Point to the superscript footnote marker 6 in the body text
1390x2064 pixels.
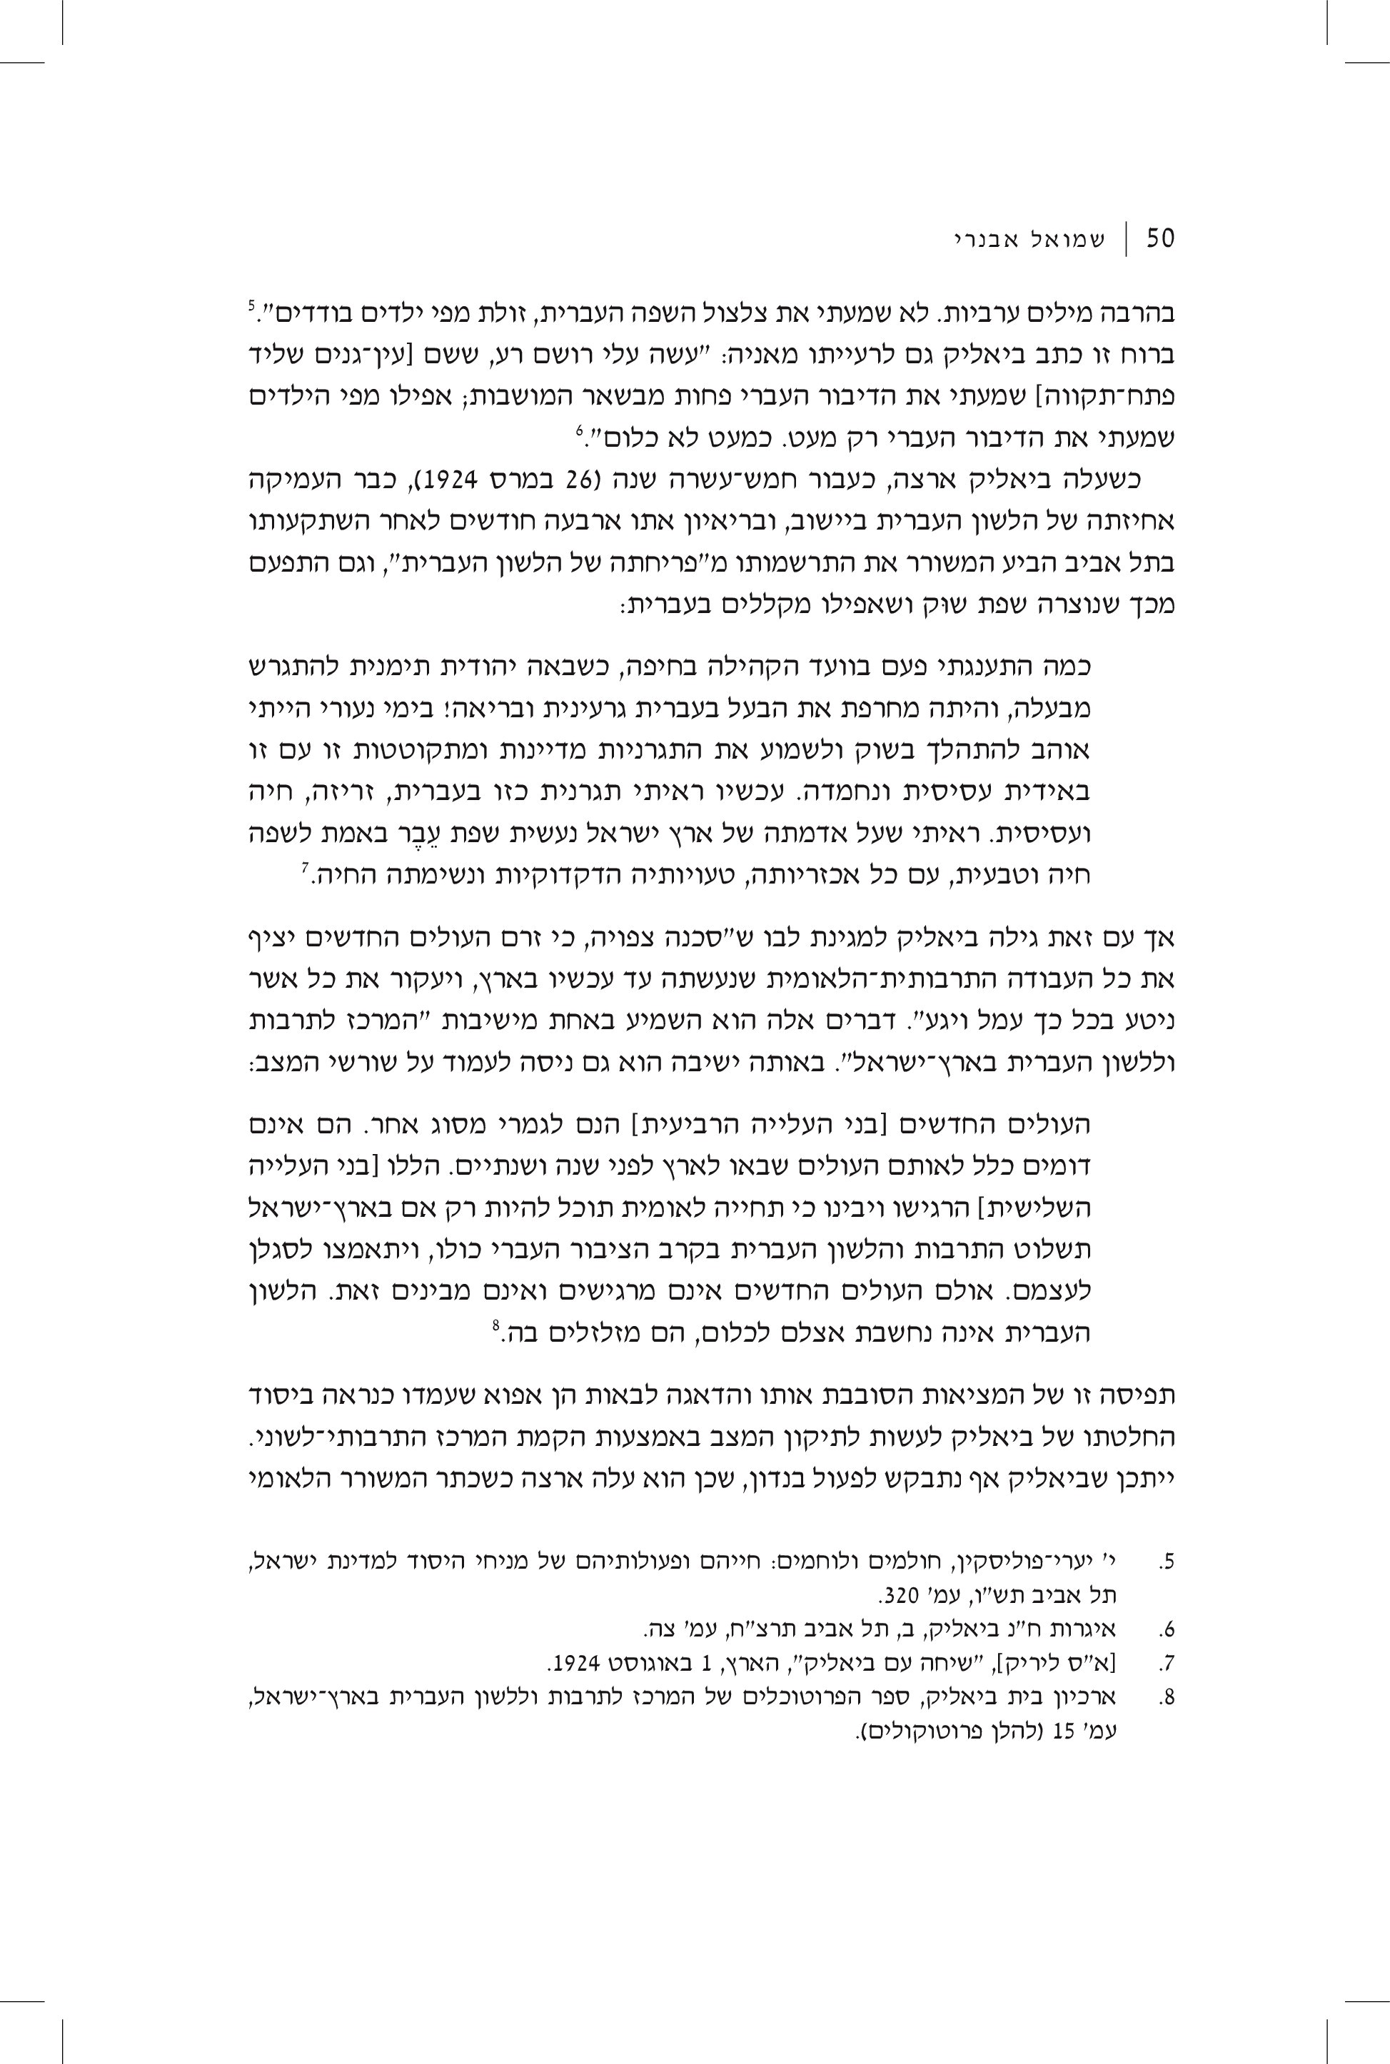pyautogui.click(x=579, y=430)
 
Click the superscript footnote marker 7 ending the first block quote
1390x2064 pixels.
pyautogui.click(x=304, y=869)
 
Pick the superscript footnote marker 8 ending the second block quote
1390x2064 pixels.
pyautogui.click(x=496, y=1327)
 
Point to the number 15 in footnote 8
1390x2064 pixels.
pyautogui.click(x=1064, y=1727)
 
